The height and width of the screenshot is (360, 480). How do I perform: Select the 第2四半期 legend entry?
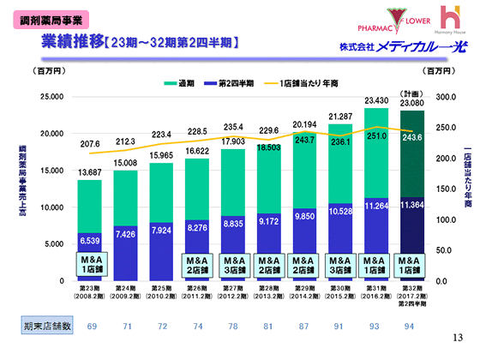pyautogui.click(x=233, y=83)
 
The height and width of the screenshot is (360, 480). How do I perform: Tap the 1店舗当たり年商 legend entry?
pyautogui.click(x=304, y=83)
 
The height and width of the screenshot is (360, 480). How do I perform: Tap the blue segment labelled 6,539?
pyautogui.click(x=89, y=239)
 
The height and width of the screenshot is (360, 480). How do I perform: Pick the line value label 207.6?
pyautogui.click(x=89, y=143)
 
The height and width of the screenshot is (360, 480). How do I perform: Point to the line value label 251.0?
pyautogui.click(x=376, y=135)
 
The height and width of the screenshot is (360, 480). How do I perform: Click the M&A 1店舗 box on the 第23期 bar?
pyautogui.click(x=89, y=262)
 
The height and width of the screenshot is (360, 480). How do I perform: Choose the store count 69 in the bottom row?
pyautogui.click(x=89, y=327)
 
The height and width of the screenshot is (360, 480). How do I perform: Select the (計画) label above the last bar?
pyautogui.click(x=412, y=92)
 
